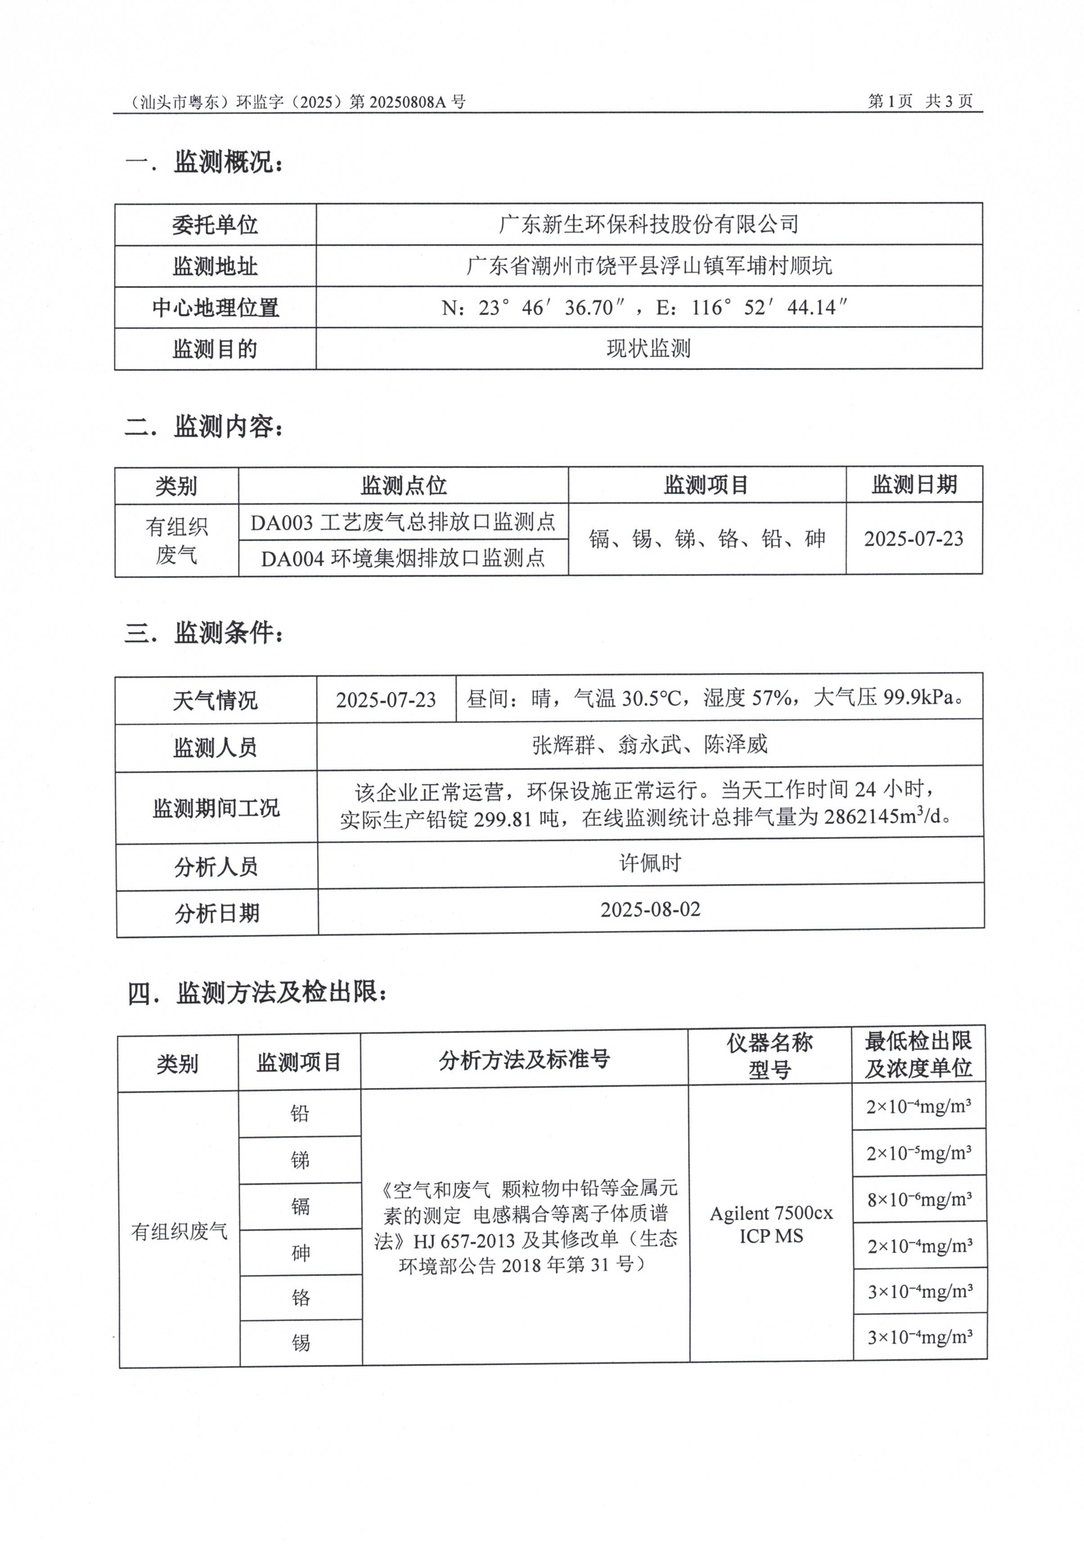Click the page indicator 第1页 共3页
coord(920,101)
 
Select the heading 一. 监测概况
coord(205,162)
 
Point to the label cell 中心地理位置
coord(215,308)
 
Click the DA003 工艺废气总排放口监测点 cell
coord(403,522)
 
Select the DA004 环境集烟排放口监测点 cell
coord(403,558)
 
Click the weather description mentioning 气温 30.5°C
coord(715,698)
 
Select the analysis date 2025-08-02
coord(650,910)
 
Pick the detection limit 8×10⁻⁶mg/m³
coord(919,1200)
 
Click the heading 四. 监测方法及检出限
coord(257,993)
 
